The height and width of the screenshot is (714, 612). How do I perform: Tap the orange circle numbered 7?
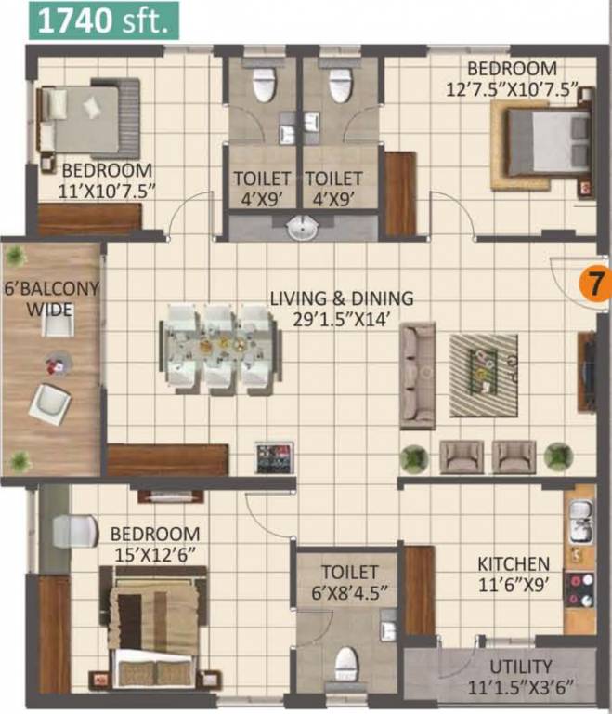(594, 283)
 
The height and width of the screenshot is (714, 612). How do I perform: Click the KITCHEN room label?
(513, 564)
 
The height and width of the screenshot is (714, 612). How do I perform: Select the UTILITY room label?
(523, 667)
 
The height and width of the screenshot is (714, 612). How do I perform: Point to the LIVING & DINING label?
(341, 298)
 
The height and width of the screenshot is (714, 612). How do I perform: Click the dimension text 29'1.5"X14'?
(342, 318)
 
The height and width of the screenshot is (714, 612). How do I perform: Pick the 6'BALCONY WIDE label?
(51, 298)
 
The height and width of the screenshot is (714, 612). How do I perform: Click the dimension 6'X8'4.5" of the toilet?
(349, 590)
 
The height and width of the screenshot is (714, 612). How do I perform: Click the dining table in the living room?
(221, 347)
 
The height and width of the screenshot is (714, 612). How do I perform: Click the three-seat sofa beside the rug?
(418, 375)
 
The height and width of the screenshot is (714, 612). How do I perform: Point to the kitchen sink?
(579, 511)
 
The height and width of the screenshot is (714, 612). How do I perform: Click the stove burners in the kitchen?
(583, 590)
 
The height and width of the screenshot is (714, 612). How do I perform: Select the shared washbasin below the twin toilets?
(303, 227)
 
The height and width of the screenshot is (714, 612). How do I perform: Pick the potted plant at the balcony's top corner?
(16, 254)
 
